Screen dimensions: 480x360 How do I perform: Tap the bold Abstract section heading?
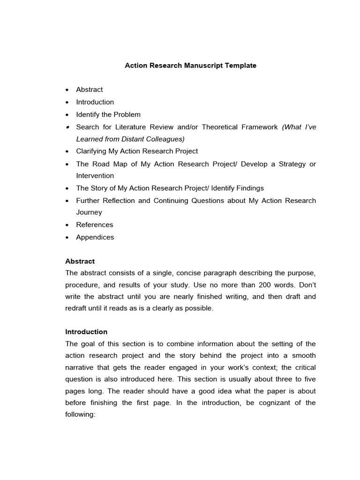tap(80, 261)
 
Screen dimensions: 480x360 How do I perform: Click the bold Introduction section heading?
tap(86, 331)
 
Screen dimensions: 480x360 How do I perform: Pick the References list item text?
tap(95, 225)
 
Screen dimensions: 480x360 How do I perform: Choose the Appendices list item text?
tap(95, 237)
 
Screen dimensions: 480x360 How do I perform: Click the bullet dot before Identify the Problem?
tap(67, 115)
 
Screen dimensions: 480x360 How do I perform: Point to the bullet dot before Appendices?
tap(67, 238)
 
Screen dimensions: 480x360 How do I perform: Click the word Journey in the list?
tap(89, 212)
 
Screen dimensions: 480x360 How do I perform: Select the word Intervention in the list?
tap(95, 176)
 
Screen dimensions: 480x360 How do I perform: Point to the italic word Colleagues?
tap(165, 139)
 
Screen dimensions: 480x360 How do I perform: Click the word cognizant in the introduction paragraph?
tap(265, 403)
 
